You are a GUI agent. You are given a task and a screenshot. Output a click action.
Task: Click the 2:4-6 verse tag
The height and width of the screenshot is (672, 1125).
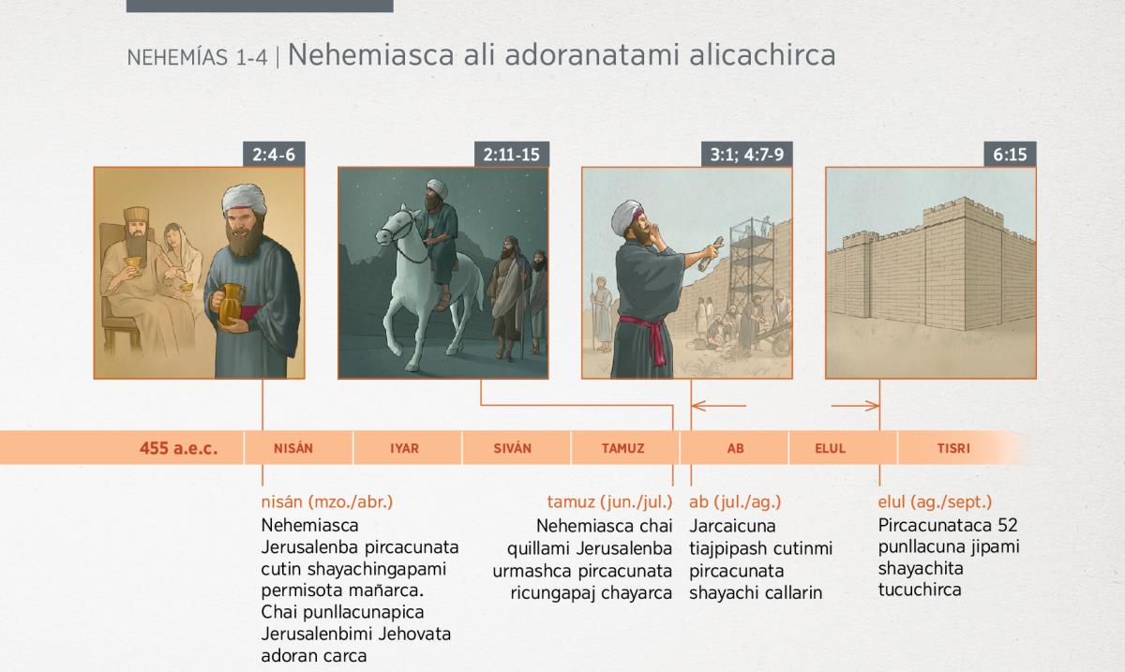(x=274, y=155)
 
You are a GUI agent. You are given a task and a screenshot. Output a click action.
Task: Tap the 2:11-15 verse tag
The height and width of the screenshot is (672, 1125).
(x=511, y=155)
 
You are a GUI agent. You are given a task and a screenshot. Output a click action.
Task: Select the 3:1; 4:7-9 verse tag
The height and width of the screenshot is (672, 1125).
(x=747, y=155)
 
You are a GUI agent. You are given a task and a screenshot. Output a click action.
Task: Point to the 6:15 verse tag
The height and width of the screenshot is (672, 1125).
(x=1010, y=155)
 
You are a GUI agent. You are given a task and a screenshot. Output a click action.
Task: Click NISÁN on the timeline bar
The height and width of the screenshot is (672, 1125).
(x=293, y=448)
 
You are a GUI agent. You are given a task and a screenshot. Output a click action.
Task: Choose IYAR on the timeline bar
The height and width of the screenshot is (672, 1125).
(x=404, y=448)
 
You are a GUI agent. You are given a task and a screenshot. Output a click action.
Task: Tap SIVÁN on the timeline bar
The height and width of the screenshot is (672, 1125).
(x=512, y=448)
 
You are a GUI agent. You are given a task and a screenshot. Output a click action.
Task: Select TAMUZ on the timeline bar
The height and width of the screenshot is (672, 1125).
(x=623, y=448)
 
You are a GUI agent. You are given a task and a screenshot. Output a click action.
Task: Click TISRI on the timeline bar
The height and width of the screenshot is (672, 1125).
(x=953, y=448)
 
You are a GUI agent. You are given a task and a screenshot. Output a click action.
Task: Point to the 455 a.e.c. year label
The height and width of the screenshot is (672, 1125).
(x=179, y=448)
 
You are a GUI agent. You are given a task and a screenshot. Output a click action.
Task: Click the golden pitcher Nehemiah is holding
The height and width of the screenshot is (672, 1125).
(x=231, y=304)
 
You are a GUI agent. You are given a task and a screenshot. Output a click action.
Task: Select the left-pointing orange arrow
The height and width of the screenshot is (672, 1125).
(x=719, y=406)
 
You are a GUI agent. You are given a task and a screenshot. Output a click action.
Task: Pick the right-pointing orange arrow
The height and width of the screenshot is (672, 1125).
(x=855, y=406)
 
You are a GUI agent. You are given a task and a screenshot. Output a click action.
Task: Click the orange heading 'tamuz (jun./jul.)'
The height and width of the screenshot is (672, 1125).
(x=609, y=501)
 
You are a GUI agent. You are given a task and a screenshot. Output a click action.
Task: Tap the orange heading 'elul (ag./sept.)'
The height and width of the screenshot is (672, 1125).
(x=936, y=501)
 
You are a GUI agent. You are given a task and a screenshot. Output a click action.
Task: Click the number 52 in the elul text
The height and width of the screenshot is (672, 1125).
(x=1008, y=526)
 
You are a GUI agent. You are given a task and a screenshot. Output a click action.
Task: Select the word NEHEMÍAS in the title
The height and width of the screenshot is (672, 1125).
(x=177, y=58)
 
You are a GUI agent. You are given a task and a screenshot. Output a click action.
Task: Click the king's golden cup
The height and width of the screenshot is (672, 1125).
(x=132, y=264)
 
